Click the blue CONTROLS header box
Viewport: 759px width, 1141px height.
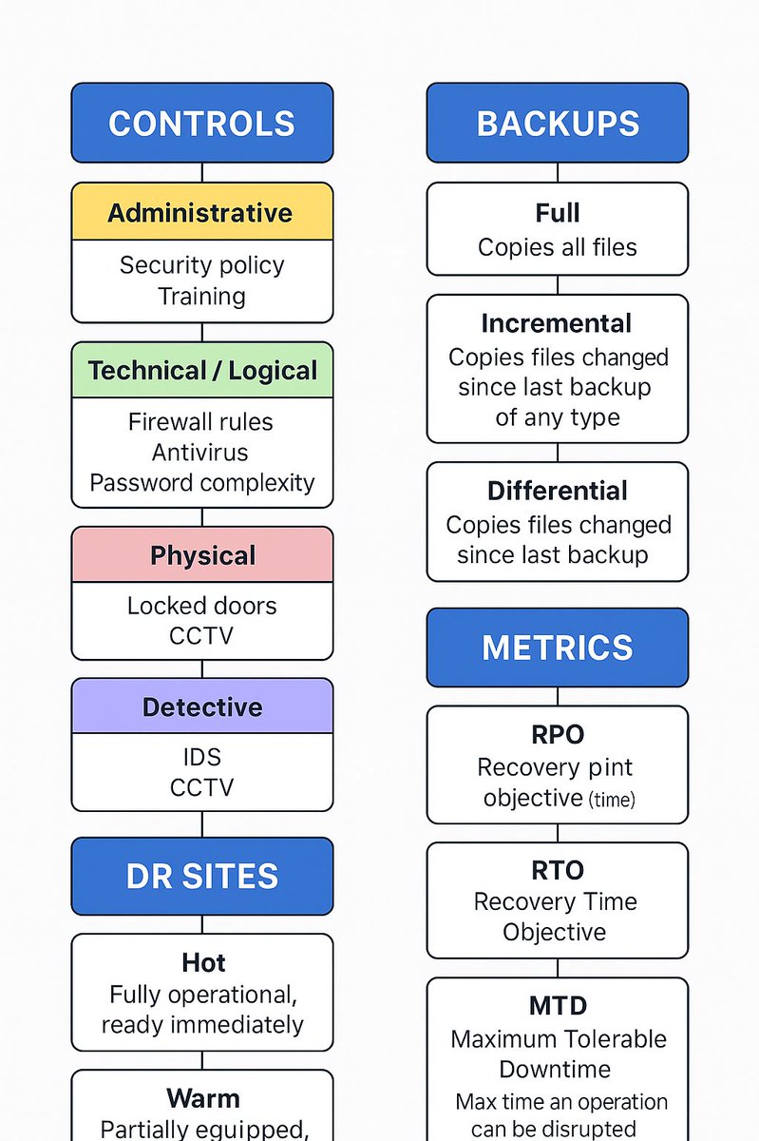201,124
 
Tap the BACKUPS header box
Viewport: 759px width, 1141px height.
558,124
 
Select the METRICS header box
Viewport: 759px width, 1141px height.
558,648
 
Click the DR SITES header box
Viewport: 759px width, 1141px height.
201,877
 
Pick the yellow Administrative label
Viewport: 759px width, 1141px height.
201,212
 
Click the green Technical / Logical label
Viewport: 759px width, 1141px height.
201,370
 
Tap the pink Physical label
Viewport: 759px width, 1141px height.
201,555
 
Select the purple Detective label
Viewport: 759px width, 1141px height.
201,706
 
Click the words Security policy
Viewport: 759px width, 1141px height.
201,264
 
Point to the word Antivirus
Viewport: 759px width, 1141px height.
201,452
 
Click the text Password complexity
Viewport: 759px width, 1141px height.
201,482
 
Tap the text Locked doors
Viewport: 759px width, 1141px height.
201,606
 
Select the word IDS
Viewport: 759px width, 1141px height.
201,757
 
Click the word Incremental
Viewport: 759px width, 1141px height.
557,323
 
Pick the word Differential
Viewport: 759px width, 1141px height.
558,491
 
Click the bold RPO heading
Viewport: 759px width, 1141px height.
558,734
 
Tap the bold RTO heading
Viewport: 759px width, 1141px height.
558,870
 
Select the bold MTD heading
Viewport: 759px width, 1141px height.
558,1005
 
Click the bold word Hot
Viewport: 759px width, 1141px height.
202,962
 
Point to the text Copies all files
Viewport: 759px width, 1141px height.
558,247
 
